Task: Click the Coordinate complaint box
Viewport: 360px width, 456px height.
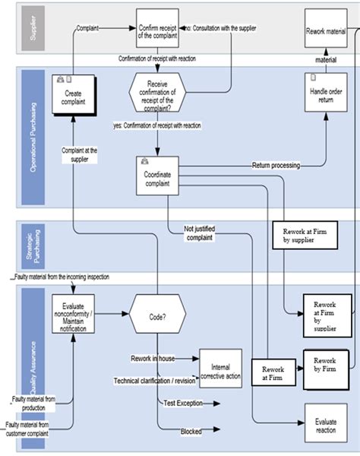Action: tap(157, 177)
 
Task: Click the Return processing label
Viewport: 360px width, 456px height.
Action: tap(275, 165)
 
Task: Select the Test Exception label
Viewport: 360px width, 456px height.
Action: tap(184, 402)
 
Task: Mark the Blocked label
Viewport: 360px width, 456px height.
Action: tap(191, 432)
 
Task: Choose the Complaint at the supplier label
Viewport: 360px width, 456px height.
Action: tap(80, 154)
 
